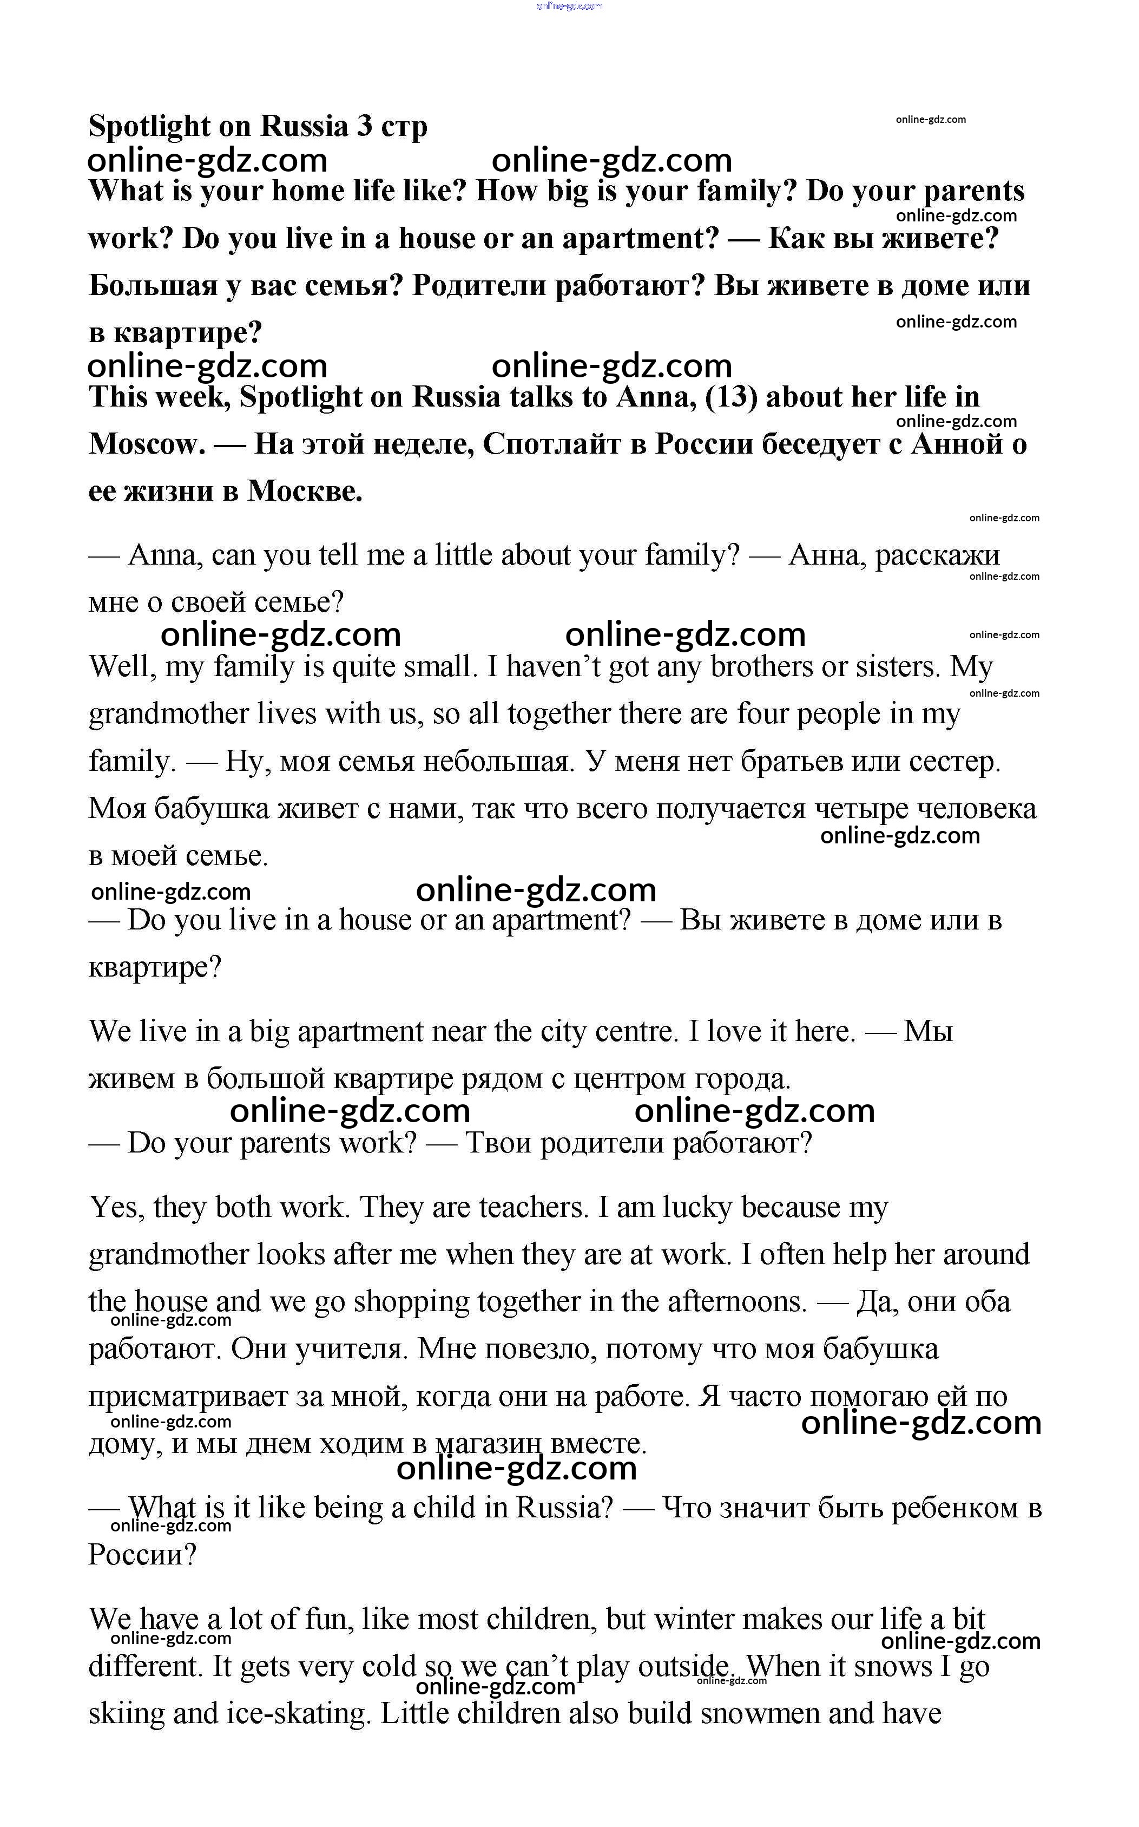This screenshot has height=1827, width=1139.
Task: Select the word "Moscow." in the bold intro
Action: [x=147, y=444]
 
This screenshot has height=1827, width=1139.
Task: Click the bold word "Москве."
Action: [x=305, y=491]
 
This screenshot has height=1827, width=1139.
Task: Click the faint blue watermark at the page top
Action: [x=569, y=6]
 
